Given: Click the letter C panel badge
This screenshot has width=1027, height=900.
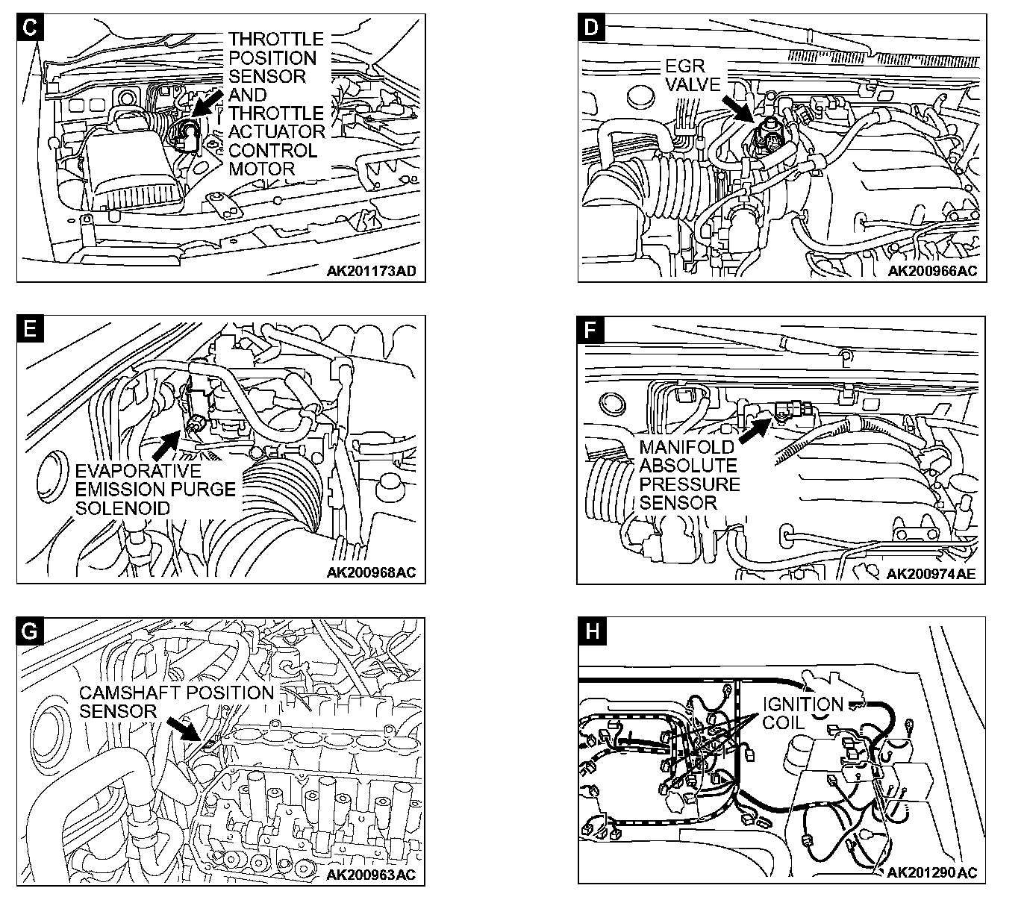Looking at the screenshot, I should point(29,28).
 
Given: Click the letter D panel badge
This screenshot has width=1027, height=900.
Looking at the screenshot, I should point(591,28).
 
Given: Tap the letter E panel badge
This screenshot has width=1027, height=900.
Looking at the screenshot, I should point(29,330).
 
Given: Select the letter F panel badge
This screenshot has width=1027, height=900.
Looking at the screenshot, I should point(591,330).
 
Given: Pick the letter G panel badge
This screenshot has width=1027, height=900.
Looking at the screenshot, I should point(29,631).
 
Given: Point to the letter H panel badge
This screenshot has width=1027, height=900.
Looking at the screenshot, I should point(591,631).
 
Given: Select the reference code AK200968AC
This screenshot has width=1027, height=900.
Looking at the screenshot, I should point(371,572).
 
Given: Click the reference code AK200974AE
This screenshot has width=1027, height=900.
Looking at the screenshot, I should point(931,573).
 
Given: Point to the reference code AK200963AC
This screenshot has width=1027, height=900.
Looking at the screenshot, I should point(371,874).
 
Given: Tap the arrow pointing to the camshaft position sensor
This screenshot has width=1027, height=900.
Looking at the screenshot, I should point(183,728).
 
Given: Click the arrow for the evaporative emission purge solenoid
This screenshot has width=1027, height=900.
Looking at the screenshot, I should point(167,443).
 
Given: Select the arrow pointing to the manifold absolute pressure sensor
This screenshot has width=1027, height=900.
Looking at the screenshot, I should point(756,428).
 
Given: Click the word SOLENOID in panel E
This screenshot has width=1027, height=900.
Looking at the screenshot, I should point(123,508).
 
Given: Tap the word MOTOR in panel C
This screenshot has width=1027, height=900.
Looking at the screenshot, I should point(262,169).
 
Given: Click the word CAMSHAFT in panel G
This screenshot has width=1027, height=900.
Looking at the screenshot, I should point(131,693).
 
